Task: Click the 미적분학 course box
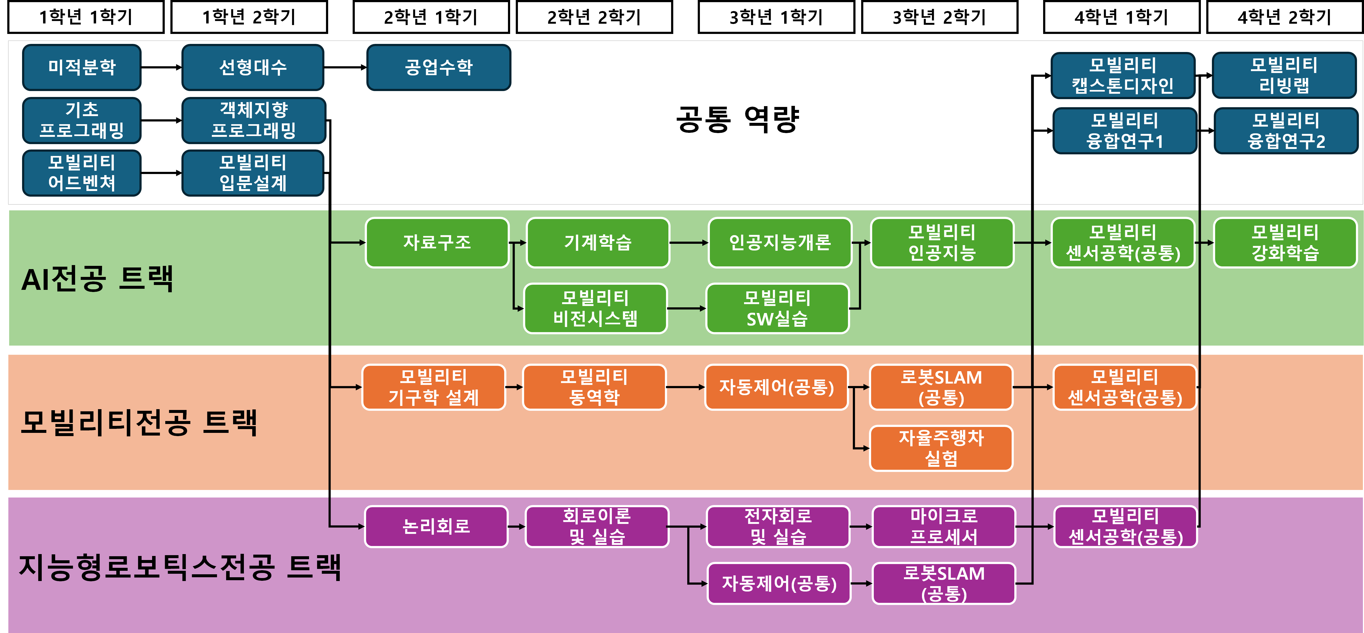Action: tap(82, 67)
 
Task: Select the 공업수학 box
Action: tap(439, 67)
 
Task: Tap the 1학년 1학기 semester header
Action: tap(86, 17)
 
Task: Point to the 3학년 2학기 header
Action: tap(939, 17)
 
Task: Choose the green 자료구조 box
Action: tap(437, 243)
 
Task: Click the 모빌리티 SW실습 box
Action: tap(777, 308)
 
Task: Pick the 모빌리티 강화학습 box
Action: tap(1285, 243)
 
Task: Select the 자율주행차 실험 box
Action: tap(941, 448)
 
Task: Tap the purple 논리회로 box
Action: tap(436, 527)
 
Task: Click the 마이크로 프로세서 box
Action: tap(944, 527)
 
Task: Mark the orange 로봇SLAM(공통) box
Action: tap(941, 387)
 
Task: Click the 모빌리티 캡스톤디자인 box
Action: tap(1123, 75)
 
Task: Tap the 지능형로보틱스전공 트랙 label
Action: tap(180, 567)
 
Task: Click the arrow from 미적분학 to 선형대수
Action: tap(162, 67)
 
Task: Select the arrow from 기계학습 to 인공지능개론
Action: tap(688, 243)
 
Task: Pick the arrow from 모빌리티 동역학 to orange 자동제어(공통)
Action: tap(685, 387)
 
